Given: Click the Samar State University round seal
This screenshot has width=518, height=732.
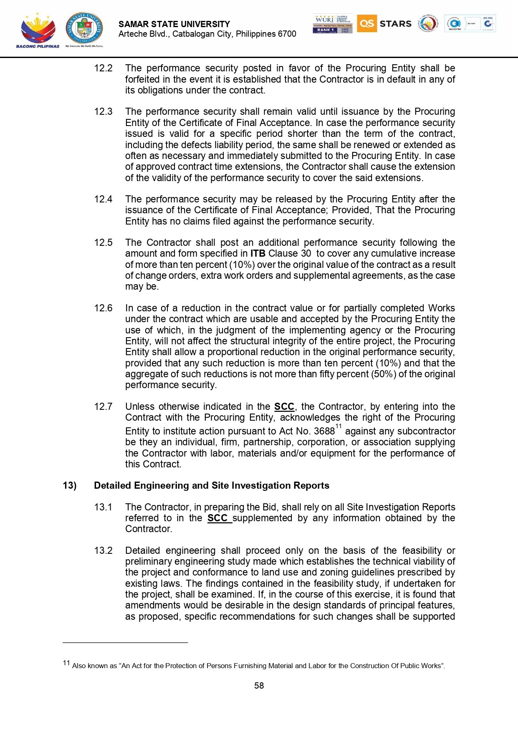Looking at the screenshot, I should [x=84, y=28].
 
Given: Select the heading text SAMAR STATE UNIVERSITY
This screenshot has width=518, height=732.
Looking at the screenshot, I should [x=174, y=24].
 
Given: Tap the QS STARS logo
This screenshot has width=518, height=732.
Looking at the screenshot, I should [x=384, y=23].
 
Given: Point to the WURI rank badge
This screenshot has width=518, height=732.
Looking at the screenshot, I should [x=332, y=23].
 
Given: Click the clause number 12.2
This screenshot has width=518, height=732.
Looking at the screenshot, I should [x=103, y=68].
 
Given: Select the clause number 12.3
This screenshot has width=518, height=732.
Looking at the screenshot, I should [x=103, y=111].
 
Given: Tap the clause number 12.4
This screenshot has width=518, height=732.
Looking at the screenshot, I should [x=103, y=199].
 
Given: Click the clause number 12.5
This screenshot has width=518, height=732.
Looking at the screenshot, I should [x=103, y=242].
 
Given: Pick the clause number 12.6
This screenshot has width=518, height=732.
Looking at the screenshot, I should [x=103, y=308].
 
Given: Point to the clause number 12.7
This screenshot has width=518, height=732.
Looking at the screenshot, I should [x=103, y=406].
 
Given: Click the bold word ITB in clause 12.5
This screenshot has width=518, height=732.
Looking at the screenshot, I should [x=258, y=253].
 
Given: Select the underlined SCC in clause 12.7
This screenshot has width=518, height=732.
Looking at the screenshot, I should [x=284, y=406].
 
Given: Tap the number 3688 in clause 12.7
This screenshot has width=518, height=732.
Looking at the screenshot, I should [x=324, y=431].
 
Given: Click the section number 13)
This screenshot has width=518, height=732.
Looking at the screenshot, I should [x=70, y=485].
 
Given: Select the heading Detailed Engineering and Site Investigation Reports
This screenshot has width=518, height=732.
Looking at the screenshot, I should [x=212, y=485].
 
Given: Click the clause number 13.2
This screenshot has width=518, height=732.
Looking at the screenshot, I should [x=103, y=550].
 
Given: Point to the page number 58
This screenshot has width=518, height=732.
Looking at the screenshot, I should [x=259, y=686].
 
